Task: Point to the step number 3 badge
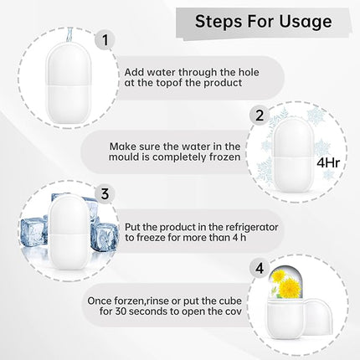coord(103,194)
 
